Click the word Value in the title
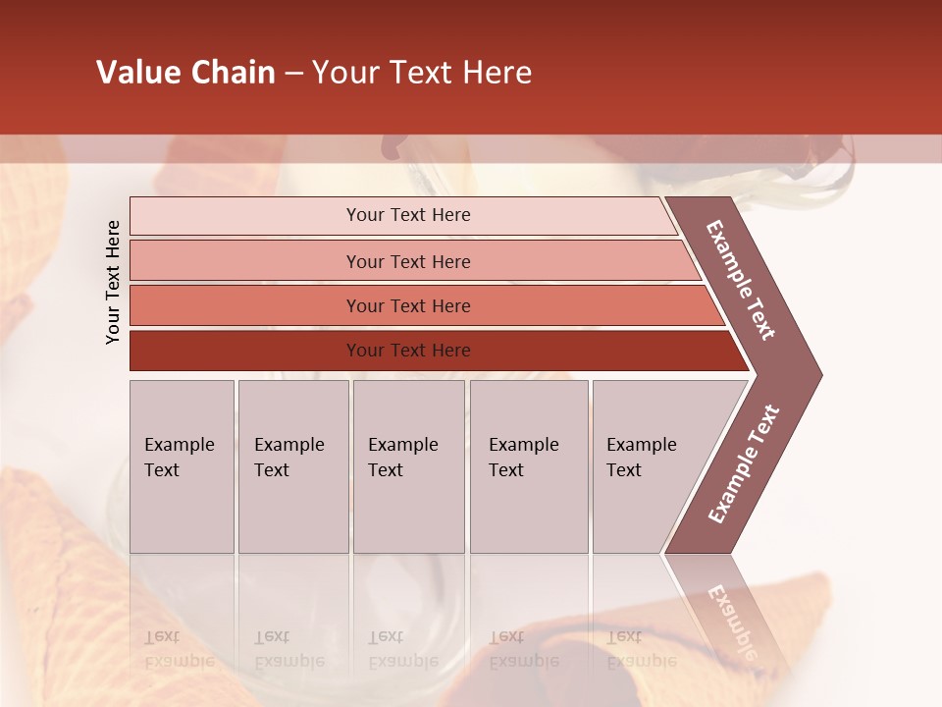pos(136,73)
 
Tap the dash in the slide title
pos(293,73)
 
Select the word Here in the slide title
pos(497,73)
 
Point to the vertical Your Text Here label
pos(113,282)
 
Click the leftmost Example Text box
pos(182,466)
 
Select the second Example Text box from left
pos(293,466)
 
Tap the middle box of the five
pos(409,466)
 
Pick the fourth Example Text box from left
pos(530,466)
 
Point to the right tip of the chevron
pos(819,374)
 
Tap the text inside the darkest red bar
pos(408,351)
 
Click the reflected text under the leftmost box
pos(179,648)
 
